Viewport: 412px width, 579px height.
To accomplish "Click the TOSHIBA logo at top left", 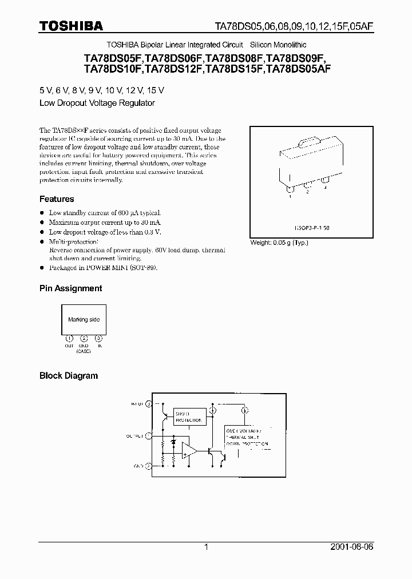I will (71, 26).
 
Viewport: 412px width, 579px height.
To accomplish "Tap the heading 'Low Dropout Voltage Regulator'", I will (97, 104).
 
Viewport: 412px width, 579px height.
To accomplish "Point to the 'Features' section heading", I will (57, 199).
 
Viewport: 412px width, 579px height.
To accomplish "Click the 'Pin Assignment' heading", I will (70, 288).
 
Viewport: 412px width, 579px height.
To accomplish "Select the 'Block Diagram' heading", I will (69, 376).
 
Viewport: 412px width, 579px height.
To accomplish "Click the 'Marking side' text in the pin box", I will (84, 320).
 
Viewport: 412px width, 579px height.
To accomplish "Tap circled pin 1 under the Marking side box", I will (69, 338).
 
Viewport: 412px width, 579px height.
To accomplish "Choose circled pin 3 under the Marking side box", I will (98, 338).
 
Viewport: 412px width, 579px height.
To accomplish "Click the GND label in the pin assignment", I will (84, 346).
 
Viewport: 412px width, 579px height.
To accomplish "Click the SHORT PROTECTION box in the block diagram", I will (188, 417).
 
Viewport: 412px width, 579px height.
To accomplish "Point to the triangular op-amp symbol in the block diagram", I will (188, 450).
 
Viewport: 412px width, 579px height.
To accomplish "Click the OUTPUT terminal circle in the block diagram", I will (149, 435).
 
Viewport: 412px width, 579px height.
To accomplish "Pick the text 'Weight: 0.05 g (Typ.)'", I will (279, 243).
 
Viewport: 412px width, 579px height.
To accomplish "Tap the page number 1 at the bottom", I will (206, 547).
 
